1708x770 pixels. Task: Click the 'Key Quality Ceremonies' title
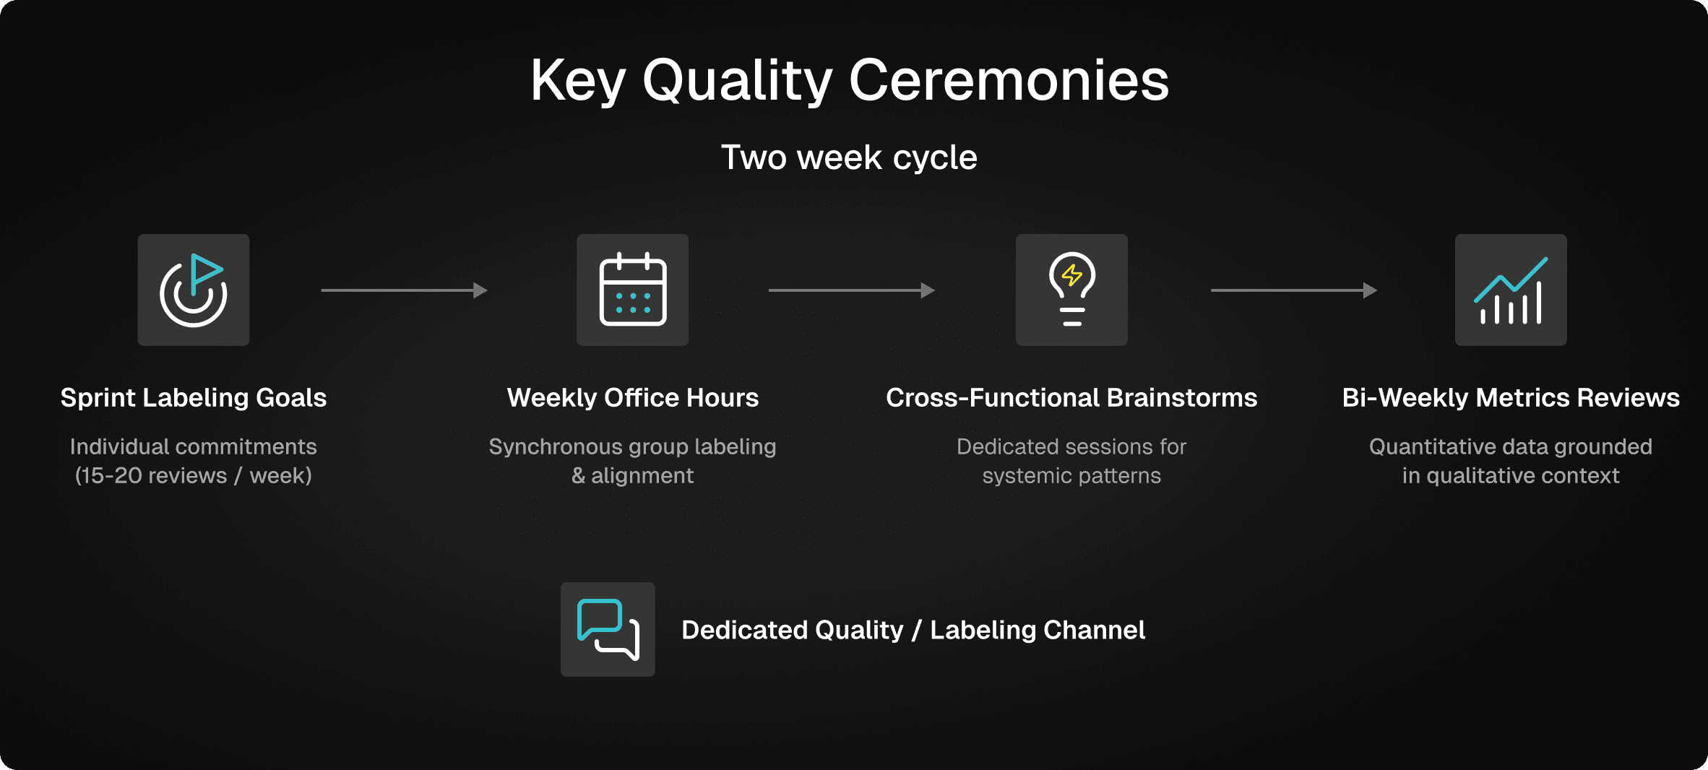(850, 81)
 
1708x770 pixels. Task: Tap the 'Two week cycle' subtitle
(849, 157)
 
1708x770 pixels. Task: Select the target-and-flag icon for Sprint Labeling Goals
(194, 290)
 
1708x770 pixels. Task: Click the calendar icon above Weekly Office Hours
(632, 290)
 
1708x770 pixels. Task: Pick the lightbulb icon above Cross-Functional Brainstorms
(1071, 290)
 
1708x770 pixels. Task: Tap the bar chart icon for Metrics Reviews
(1511, 290)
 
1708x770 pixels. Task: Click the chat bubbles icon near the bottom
(608, 629)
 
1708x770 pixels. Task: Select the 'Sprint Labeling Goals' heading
(194, 398)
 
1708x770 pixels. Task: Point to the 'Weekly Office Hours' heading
(632, 398)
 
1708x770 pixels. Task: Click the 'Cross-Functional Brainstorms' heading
(1071, 398)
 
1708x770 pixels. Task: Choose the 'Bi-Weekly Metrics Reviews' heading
(1511, 398)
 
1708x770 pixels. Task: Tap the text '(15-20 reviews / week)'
(194, 475)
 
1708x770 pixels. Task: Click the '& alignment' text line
(632, 475)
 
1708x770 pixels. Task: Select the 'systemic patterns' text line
(1071, 475)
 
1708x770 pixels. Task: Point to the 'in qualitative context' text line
(1511, 475)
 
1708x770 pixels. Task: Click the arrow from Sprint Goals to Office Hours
(405, 290)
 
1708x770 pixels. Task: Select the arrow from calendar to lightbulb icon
(852, 290)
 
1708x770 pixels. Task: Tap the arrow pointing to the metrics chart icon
(1294, 290)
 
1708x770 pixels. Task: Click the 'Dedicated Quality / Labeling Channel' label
(913, 630)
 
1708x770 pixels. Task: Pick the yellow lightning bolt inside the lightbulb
(1072, 275)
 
